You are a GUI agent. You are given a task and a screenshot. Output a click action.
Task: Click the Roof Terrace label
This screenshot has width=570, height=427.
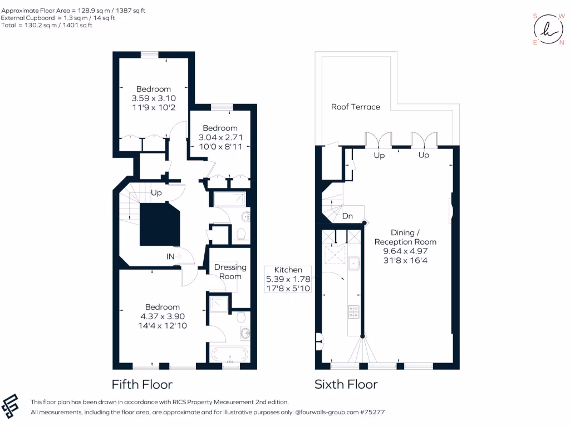pos(356,107)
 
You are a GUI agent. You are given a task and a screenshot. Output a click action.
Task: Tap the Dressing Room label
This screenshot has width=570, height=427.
pos(230,271)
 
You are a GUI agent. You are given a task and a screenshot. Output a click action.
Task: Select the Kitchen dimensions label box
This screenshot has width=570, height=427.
pos(288,279)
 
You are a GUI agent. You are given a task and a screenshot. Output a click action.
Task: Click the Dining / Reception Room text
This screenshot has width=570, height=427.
pos(405,237)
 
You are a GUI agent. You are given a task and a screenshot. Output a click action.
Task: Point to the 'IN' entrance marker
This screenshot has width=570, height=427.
pos(170,256)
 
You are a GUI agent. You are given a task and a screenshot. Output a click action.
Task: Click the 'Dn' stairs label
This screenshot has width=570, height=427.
pos(347,216)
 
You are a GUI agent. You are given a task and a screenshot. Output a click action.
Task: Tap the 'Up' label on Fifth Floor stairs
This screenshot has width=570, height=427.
pos(156,193)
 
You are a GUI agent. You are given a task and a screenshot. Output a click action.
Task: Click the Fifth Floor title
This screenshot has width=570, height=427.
pos(142,384)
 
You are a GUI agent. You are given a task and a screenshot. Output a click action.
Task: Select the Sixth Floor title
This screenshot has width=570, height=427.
pos(346,384)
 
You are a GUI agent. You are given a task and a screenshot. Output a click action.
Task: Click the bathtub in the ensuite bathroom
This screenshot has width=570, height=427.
pos(230,355)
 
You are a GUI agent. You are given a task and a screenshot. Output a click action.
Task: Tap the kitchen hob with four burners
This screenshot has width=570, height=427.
pos(353,311)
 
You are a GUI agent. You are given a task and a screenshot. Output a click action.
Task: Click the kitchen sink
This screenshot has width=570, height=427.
pos(353,263)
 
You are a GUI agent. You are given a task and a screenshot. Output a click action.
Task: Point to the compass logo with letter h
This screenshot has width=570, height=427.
pos(548,29)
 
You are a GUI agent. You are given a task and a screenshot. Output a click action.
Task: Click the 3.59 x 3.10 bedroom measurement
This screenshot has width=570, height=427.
pos(154,98)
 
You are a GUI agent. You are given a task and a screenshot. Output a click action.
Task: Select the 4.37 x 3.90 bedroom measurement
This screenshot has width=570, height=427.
pos(163,316)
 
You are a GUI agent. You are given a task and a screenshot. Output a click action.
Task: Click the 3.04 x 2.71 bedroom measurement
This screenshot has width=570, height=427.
pos(220,137)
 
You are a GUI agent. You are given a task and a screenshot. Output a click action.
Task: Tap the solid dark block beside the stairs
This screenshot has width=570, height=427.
pos(160,225)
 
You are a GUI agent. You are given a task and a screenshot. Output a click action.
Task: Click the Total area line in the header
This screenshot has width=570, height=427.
pos(47,25)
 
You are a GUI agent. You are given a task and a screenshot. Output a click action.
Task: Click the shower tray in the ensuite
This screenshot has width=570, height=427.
pos(219,304)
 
